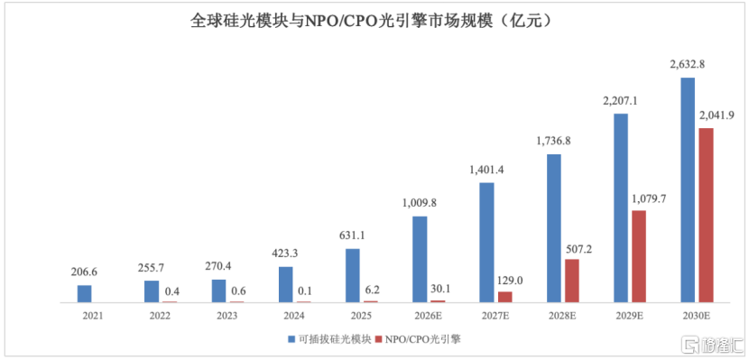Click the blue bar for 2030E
click(688, 190)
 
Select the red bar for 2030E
click(706, 216)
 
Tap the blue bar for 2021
click(84, 294)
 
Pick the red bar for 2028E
click(572, 281)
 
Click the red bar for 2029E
click(639, 256)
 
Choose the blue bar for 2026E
click(420, 259)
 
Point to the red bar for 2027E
click(505, 297)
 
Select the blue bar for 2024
click(286, 284)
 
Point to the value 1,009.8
click(419, 203)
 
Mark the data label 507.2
click(580, 248)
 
